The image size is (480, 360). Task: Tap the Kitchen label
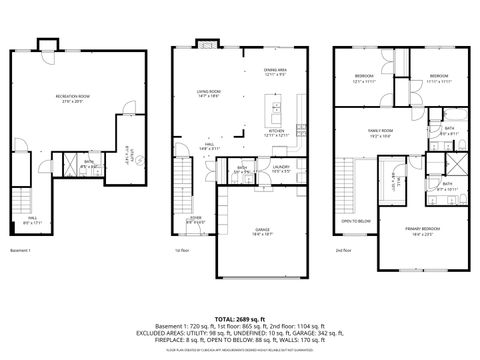276,133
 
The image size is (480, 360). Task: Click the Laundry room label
281,169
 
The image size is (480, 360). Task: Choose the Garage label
262,232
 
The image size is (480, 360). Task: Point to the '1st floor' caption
182,250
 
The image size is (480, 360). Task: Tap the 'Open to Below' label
355,221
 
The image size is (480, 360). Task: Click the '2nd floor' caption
343,250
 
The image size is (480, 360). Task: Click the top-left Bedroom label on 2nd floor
363,78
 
